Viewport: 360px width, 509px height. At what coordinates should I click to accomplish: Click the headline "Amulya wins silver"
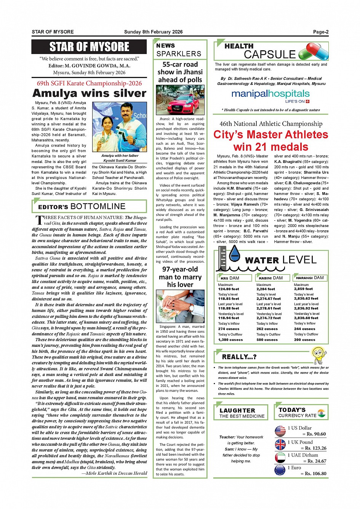(x=89, y=93)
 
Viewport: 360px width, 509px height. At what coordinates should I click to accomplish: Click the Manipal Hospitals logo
(x=270, y=94)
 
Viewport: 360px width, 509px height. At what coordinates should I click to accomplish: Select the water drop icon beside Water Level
(x=234, y=253)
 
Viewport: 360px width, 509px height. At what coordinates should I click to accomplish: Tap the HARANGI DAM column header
(x=309, y=278)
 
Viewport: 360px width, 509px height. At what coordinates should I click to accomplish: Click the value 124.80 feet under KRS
(x=229, y=289)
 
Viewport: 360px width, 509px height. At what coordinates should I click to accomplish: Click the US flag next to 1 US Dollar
(x=280, y=431)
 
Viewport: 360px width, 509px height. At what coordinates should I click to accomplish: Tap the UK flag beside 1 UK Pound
(x=280, y=445)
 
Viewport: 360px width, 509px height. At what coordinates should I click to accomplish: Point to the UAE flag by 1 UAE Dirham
(x=280, y=458)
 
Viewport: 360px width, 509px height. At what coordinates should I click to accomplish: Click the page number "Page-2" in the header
(x=321, y=32)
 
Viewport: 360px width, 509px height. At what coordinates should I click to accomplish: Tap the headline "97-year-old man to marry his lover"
(x=180, y=277)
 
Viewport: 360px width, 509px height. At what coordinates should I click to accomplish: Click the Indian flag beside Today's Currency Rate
(x=322, y=413)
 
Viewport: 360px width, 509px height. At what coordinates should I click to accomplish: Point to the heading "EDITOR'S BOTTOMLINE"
(x=82, y=207)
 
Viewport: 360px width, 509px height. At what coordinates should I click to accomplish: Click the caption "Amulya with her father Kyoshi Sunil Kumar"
(x=120, y=158)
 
